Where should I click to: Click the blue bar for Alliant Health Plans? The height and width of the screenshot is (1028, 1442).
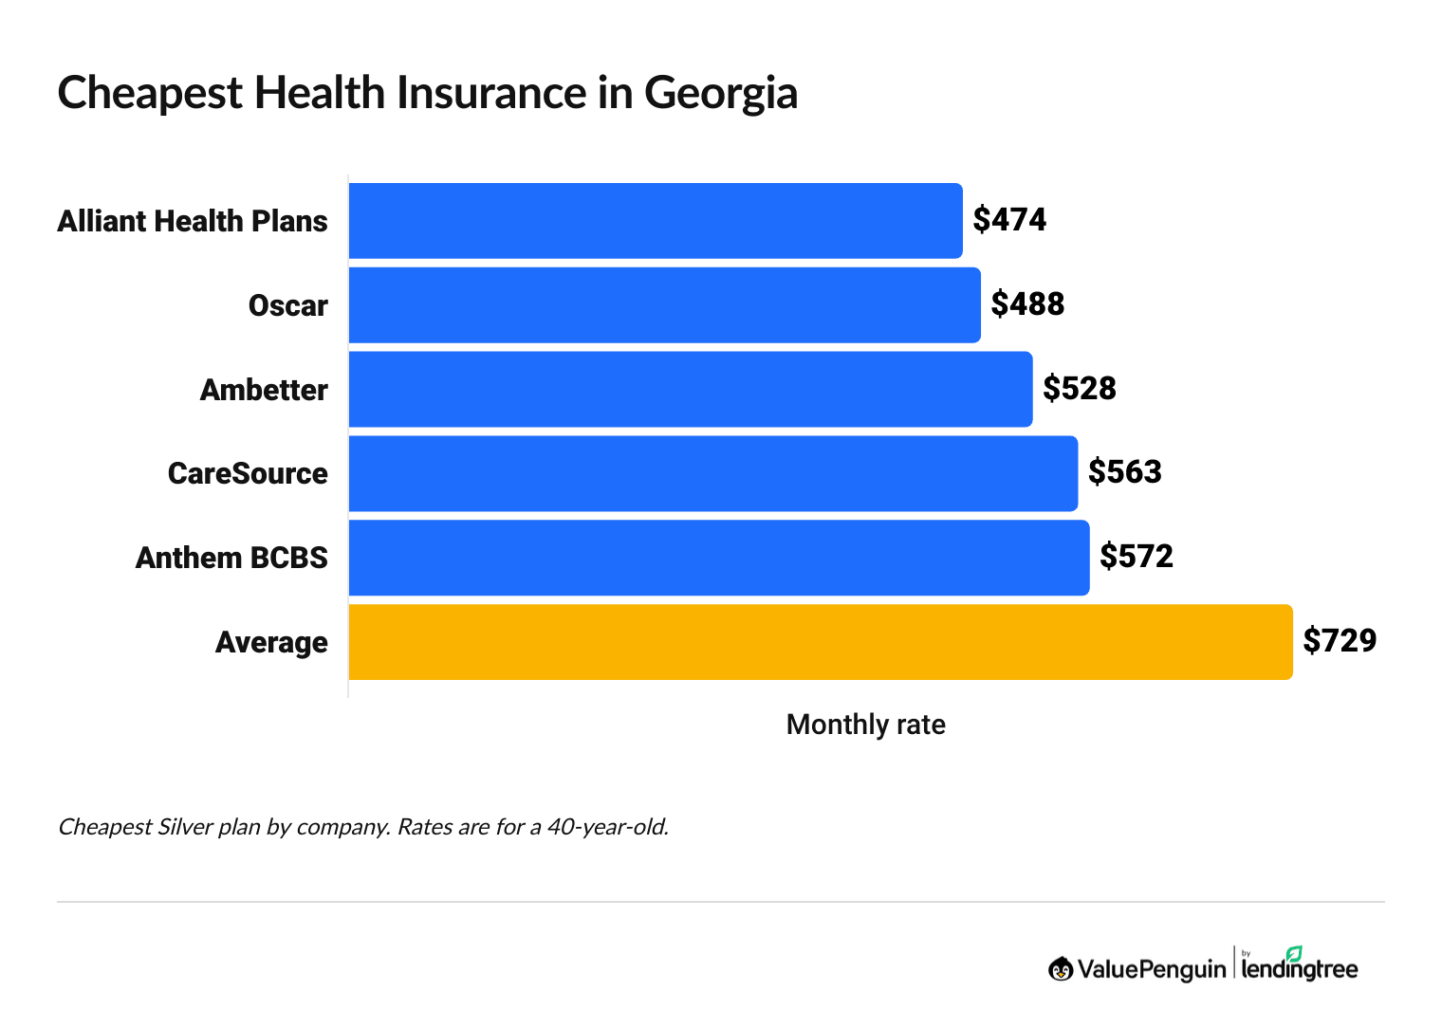point(655,221)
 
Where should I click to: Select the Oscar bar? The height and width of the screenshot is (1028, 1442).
point(664,305)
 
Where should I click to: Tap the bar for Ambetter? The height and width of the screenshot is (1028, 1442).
point(690,389)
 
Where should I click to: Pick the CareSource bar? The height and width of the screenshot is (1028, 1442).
point(712,473)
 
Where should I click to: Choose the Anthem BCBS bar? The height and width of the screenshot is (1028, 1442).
point(718,558)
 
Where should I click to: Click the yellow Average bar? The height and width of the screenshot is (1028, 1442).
point(820,642)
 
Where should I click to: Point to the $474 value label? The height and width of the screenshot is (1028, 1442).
point(1009,220)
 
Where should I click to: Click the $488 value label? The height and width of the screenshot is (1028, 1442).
point(1027,304)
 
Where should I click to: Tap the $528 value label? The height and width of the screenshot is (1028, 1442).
point(1080,388)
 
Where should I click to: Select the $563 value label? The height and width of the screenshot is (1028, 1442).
point(1124,472)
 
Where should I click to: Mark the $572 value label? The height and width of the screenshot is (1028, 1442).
point(1137,556)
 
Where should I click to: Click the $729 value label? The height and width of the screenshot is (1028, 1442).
point(1340,641)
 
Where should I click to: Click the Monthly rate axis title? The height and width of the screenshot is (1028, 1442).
point(865,725)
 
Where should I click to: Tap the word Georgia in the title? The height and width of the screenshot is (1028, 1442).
point(721,94)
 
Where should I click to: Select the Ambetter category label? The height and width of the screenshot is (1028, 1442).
point(264,390)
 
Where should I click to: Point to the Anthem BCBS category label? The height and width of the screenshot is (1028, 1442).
point(231,558)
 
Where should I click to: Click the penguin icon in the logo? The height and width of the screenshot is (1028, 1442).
point(1061,969)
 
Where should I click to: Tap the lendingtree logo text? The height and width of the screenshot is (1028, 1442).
point(1299,969)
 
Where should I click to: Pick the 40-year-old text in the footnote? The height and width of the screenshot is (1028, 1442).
point(607,827)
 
